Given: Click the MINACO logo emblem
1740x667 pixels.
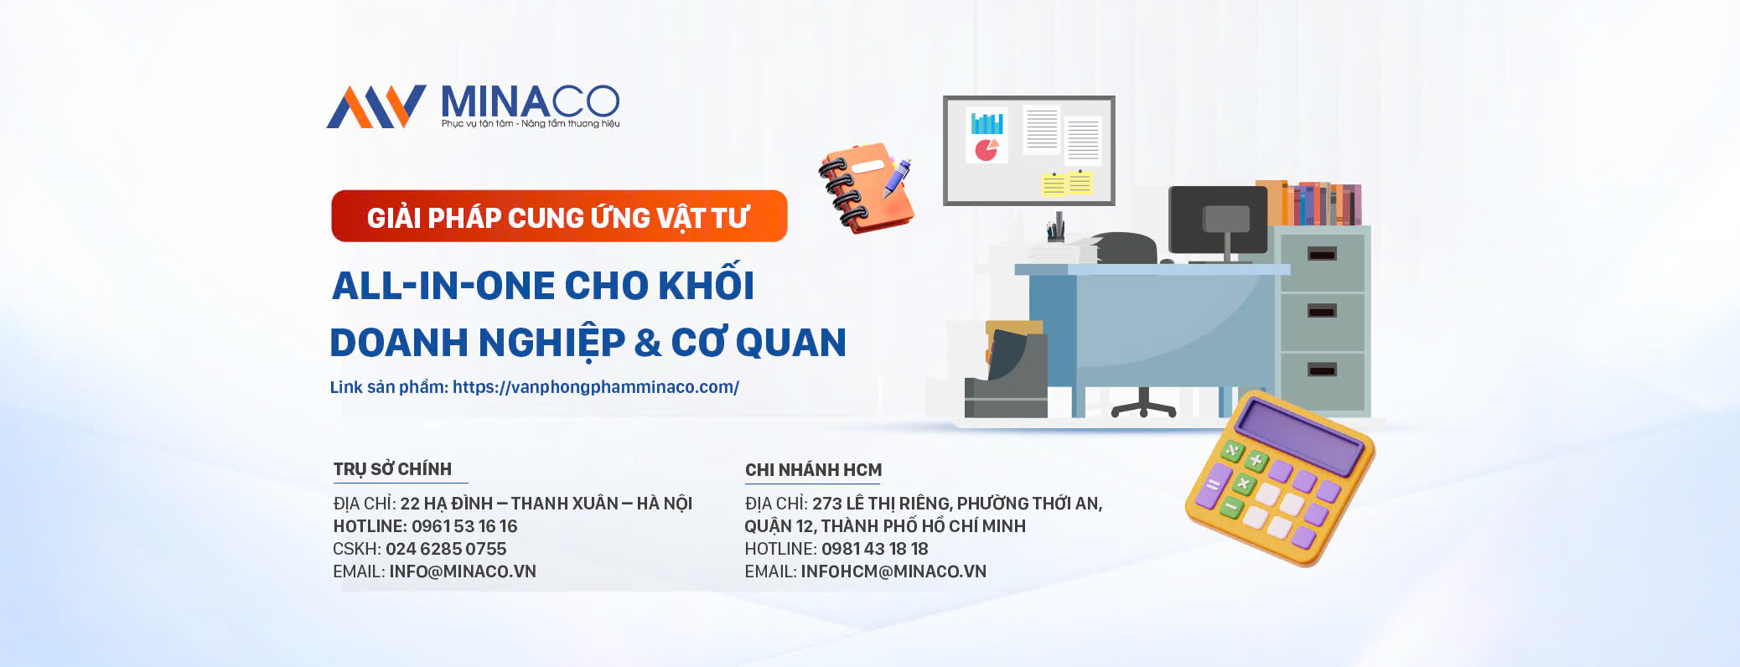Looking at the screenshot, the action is click(376, 106).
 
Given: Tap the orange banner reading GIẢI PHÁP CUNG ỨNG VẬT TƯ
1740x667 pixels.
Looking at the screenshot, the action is click(559, 216).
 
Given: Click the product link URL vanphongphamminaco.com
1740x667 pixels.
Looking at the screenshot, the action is click(596, 387).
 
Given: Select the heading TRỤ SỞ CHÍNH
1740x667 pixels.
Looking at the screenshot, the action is click(392, 469).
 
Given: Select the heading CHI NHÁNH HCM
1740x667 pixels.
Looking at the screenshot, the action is click(813, 470).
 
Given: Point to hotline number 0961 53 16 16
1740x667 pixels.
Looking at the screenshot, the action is click(464, 526).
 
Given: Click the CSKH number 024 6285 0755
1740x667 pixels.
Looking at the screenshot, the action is click(446, 549).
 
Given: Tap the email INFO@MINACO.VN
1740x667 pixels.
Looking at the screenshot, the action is click(463, 571).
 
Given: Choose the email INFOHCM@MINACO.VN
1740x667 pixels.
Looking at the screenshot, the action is click(893, 571).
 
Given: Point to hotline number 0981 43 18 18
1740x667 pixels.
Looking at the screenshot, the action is click(875, 549).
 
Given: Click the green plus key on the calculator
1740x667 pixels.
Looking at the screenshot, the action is click(1256, 460).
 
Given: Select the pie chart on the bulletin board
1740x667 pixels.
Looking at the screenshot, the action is click(987, 150).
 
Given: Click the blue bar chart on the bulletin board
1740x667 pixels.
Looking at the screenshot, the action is click(987, 123).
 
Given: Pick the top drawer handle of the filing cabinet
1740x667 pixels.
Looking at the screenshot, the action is click(1322, 254).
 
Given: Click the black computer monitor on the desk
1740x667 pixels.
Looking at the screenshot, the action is click(1218, 220).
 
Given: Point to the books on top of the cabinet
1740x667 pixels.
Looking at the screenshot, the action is click(1308, 204).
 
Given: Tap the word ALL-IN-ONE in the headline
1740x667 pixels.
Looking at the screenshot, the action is click(437, 286).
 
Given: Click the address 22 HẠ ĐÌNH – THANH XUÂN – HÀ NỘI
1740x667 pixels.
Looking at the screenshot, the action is click(546, 504).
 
